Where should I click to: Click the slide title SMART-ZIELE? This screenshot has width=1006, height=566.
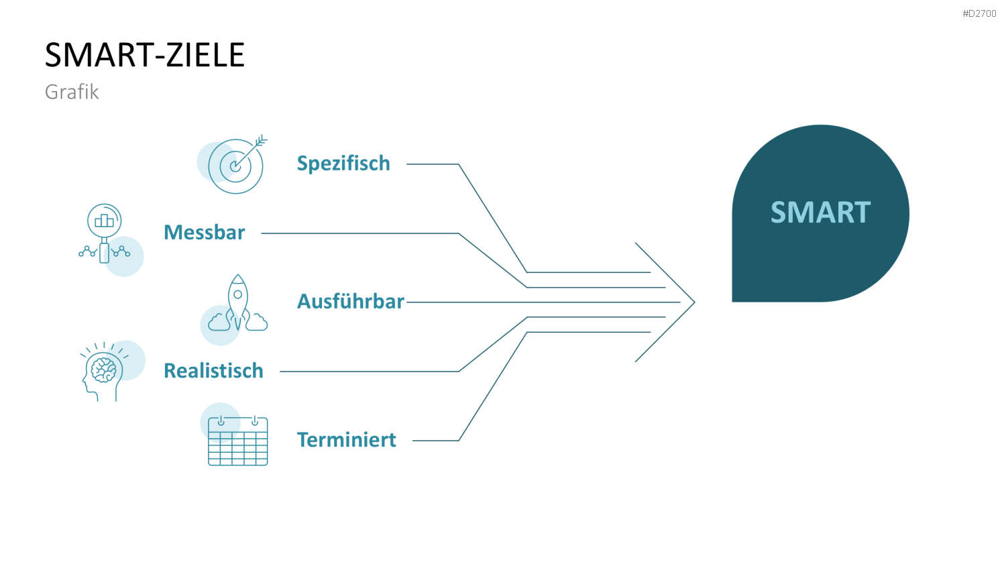point(145,55)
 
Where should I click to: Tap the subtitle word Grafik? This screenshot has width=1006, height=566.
point(72,92)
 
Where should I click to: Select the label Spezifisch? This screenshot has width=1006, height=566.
point(343,163)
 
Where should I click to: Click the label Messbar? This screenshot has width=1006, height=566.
point(205,233)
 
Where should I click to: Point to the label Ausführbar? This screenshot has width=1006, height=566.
point(351,301)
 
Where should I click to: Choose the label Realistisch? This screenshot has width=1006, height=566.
point(213,371)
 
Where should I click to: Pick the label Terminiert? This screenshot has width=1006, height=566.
point(346,440)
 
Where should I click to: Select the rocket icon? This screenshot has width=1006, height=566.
point(237,302)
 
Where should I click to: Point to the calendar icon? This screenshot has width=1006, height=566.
point(237,441)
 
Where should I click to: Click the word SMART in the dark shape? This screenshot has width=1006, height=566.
point(820,212)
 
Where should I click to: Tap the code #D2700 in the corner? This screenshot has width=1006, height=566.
point(979,13)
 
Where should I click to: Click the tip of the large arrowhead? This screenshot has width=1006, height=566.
point(695,302)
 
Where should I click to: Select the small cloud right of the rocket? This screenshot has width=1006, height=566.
point(256,322)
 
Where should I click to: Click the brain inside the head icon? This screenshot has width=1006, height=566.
point(104,370)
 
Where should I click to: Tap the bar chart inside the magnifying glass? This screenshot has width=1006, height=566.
point(104,220)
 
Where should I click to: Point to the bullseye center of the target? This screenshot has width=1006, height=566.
point(235,167)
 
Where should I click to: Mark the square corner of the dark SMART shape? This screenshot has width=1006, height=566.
point(732,301)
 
